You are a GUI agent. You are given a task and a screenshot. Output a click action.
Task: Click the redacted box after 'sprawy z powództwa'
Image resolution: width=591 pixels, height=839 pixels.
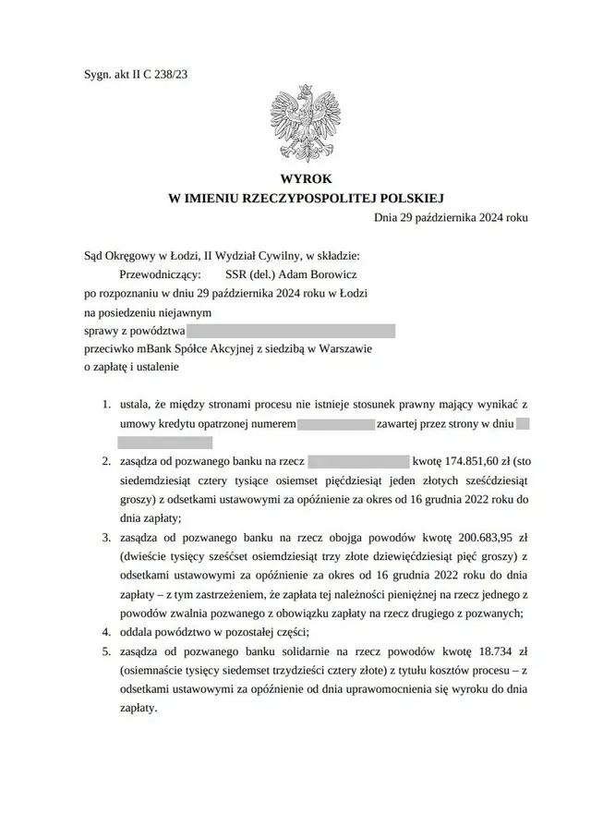(x=292, y=330)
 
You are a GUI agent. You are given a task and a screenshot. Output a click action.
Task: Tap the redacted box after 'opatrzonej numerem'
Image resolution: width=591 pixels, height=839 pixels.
(x=336, y=424)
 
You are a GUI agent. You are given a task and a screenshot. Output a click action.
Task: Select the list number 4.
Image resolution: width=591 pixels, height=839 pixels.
(x=105, y=633)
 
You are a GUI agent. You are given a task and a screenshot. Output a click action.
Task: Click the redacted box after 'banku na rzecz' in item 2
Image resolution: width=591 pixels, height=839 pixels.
(x=358, y=460)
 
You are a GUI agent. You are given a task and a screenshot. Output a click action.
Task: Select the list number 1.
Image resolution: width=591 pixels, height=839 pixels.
(x=105, y=405)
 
